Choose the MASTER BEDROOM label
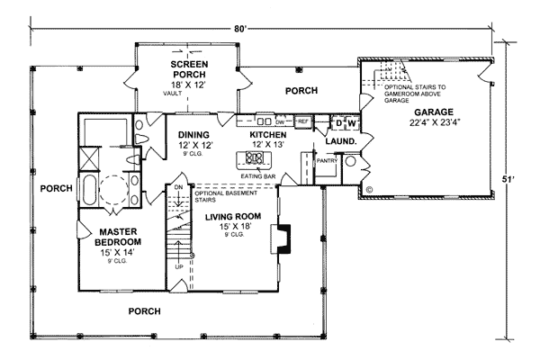pyautogui.click(x=118, y=237)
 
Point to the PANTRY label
pyautogui.click(x=326, y=163)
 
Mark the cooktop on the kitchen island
pyautogui.click(x=255, y=160)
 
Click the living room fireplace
pyautogui.click(x=284, y=236)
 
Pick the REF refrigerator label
pyautogui.click(x=303, y=120)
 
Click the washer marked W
pyautogui.click(x=353, y=121)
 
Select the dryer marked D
pyautogui.click(x=339, y=121)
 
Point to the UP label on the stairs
pyautogui.click(x=180, y=266)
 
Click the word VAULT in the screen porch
pyautogui.click(x=172, y=93)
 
